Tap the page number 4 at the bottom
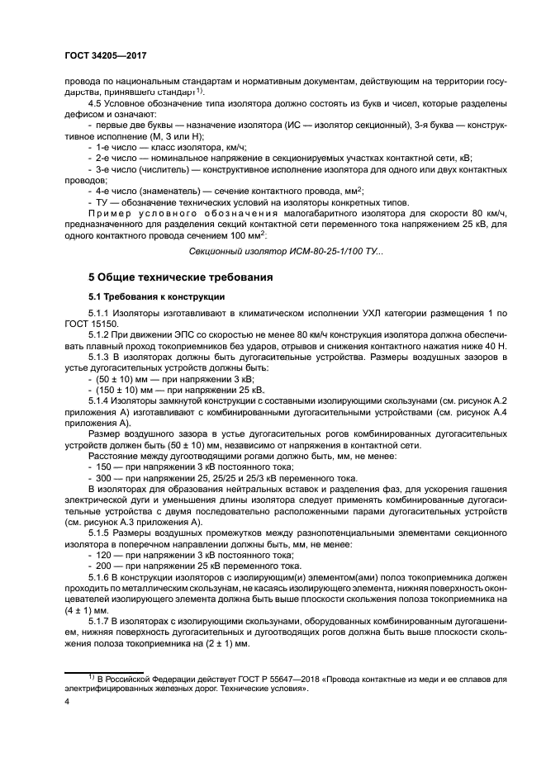tap(67, 701)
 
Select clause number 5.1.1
tap(100, 315)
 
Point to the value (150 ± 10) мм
tap(120, 390)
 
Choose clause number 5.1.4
tap(100, 400)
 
